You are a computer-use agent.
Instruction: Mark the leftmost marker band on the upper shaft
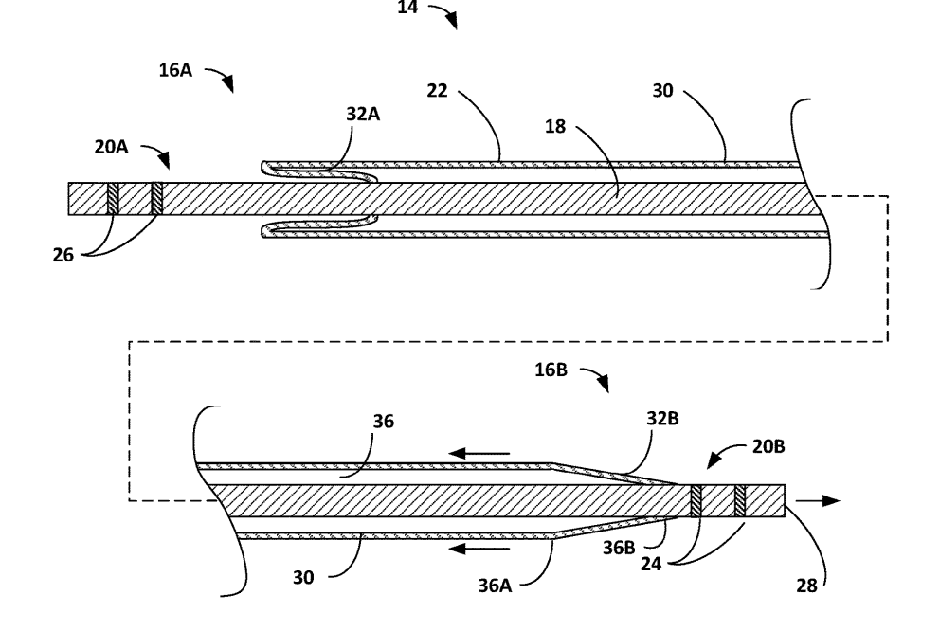114,198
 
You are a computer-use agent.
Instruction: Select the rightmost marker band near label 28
740,500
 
